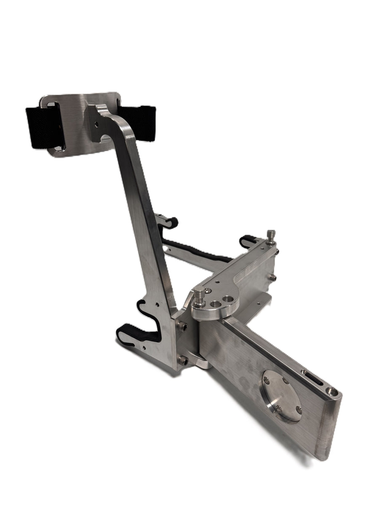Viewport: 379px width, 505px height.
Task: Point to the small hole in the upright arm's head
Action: click(x=96, y=124)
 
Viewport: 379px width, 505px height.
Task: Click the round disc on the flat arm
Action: click(x=282, y=395)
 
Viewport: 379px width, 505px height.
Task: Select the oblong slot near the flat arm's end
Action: click(x=315, y=378)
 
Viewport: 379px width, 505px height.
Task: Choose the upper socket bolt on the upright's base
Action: click(x=182, y=325)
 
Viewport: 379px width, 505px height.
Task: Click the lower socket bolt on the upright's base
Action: click(x=182, y=360)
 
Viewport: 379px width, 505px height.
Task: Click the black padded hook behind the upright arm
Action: click(x=168, y=222)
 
